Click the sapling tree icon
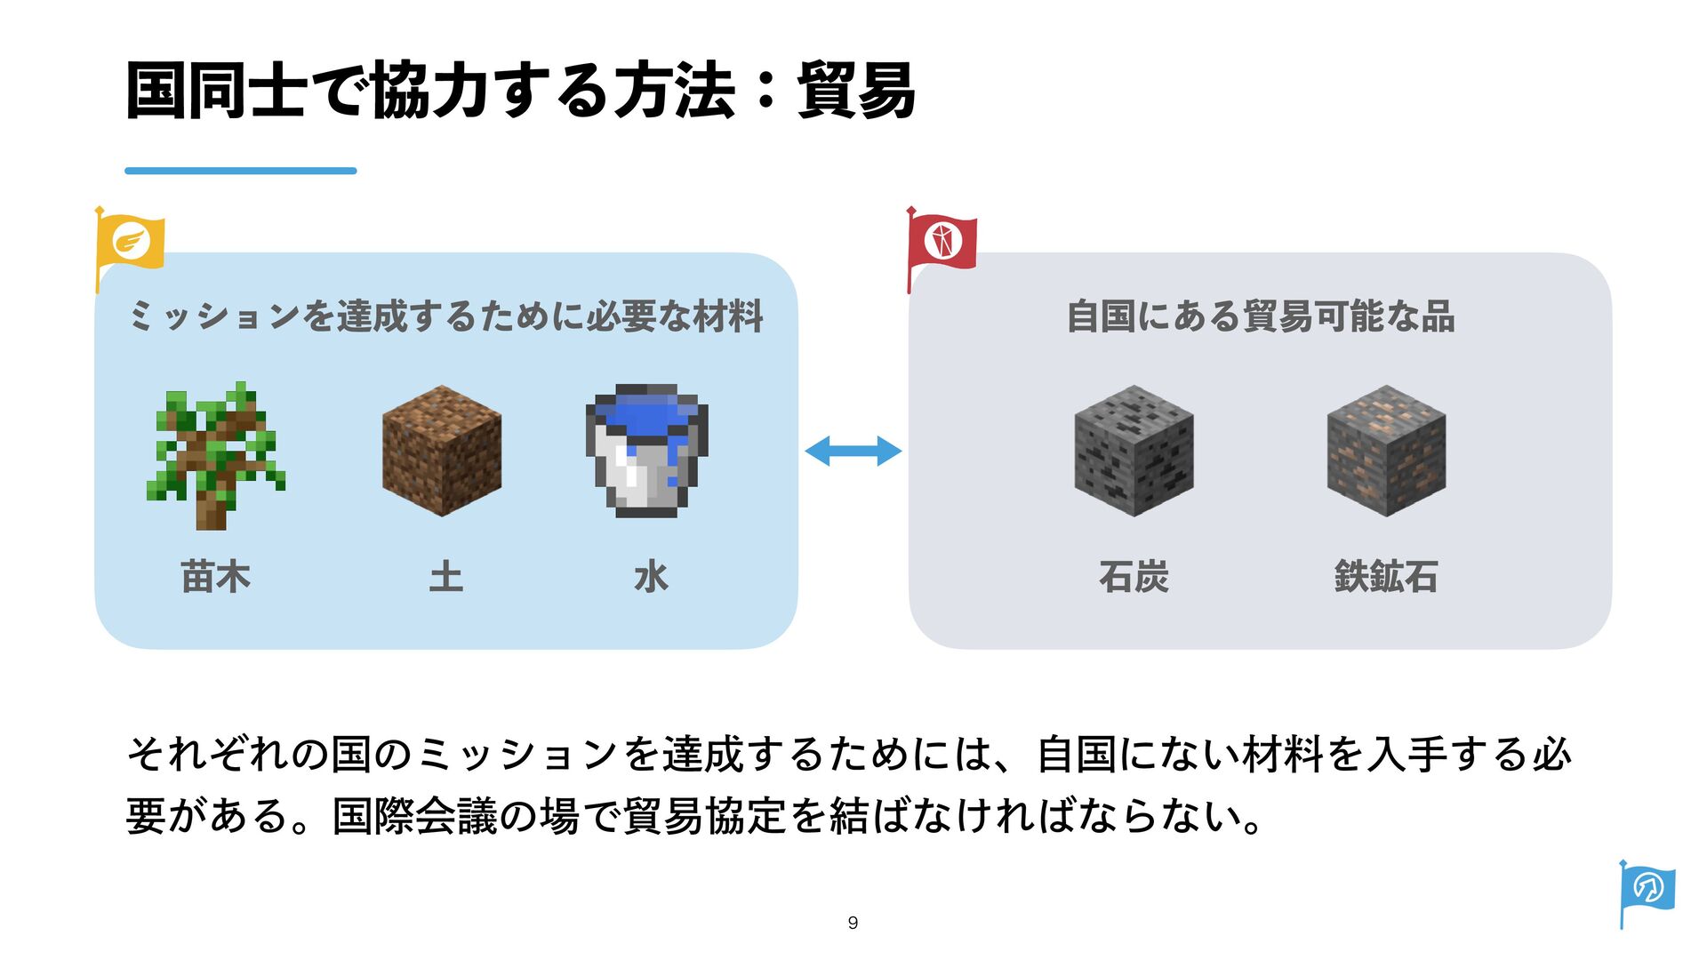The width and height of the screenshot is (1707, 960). click(x=215, y=455)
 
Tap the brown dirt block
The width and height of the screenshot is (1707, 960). click(x=442, y=450)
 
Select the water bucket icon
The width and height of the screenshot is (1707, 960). click(x=647, y=450)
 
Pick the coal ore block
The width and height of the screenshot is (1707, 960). click(x=1134, y=450)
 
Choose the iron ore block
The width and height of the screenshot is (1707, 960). click(x=1386, y=450)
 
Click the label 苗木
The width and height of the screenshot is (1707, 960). click(x=215, y=577)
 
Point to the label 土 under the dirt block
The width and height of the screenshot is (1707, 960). click(x=445, y=577)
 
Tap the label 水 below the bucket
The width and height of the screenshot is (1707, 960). click(x=651, y=577)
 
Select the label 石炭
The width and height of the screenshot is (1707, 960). click(x=1134, y=577)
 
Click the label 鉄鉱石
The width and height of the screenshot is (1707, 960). click(x=1386, y=577)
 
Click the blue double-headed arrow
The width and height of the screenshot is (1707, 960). click(x=853, y=451)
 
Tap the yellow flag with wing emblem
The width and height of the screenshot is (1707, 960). click(x=130, y=242)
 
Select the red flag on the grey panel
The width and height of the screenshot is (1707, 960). click(x=942, y=242)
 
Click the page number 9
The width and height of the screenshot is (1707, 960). click(x=853, y=923)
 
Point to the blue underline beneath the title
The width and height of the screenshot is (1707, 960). click(x=240, y=171)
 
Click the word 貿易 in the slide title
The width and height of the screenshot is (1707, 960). click(x=855, y=91)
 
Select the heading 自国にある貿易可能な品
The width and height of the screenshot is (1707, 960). click(x=1260, y=316)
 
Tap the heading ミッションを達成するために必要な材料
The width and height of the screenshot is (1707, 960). click(x=445, y=316)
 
